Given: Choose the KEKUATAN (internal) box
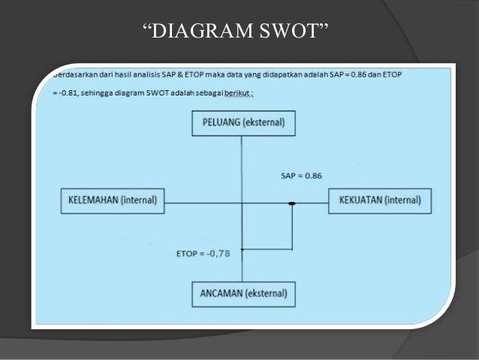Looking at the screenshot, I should point(381,201).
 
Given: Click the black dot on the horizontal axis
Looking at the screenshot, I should point(292,204).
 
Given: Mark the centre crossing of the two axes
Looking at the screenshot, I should point(242,204).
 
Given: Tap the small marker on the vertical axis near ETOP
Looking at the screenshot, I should point(242,248).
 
